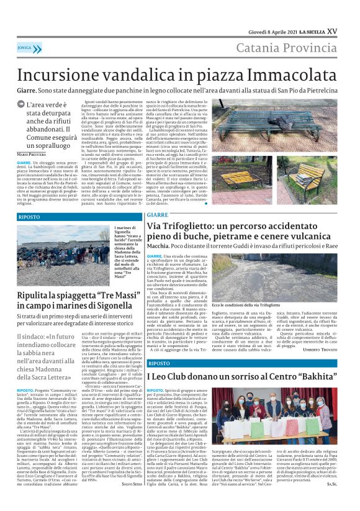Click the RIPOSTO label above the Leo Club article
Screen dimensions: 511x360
tap(160, 363)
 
